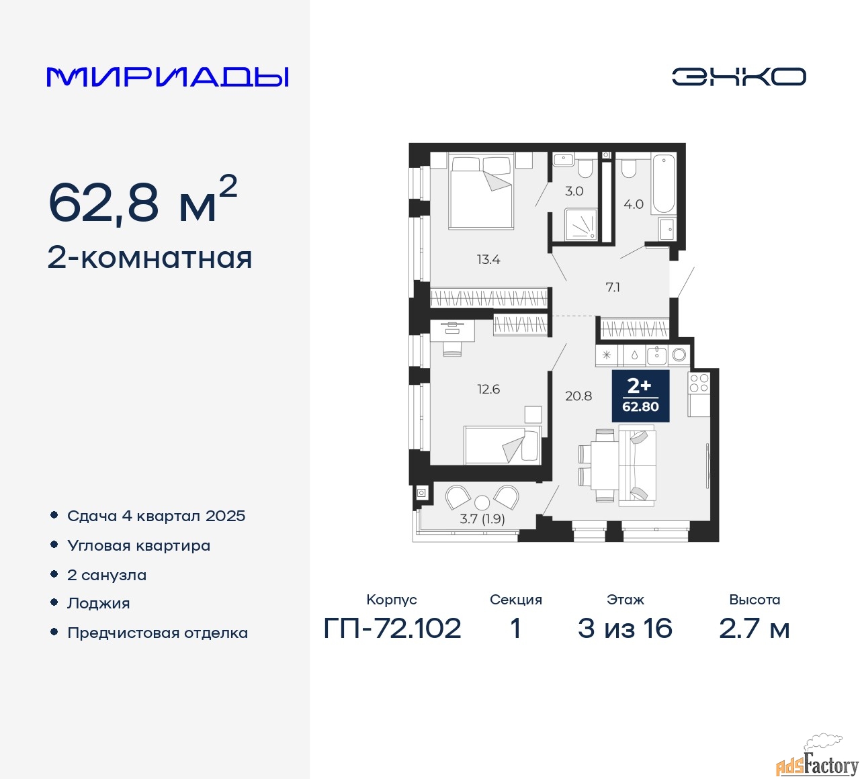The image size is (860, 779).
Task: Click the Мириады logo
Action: pos(167,77)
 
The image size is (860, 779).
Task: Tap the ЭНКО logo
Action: pos(738,77)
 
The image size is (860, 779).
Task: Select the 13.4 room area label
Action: pos(488,259)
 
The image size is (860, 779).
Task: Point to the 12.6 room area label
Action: pos(488,389)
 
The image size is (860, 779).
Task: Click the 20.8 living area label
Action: pos(578,396)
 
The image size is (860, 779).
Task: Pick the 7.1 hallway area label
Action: pos(613,287)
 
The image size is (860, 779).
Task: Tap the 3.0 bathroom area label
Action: pos(574,191)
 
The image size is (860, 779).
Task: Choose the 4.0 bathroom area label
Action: pos(633,204)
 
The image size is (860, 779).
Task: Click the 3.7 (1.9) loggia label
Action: pos(482,519)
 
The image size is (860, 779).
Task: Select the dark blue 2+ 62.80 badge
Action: pos(640,396)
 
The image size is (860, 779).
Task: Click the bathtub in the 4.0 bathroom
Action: pos(662,184)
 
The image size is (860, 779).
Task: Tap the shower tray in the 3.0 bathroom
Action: pos(581,224)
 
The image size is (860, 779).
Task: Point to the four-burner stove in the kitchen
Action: pos(699,383)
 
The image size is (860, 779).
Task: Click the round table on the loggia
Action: pos(482,502)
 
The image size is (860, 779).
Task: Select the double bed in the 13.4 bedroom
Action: pos(481,191)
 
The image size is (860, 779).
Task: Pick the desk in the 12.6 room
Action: pos(452,331)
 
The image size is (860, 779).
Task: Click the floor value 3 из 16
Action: pos(625,629)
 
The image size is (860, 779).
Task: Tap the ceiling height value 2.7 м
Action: pos(754,629)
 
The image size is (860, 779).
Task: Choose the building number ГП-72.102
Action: pos(392,629)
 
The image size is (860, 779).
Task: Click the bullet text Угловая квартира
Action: pos(139,546)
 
